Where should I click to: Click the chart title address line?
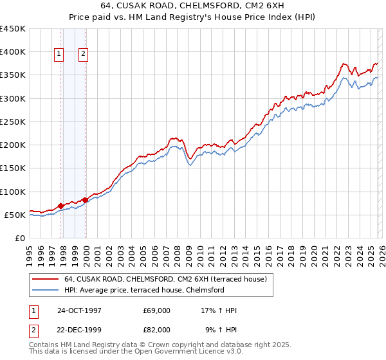(193, 4)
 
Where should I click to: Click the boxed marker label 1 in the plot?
(59, 55)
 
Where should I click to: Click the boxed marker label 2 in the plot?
(84, 55)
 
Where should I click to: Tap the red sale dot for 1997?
(61, 206)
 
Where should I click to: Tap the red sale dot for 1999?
(86, 200)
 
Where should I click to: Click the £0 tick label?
(20, 239)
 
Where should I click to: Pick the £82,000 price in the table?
(157, 329)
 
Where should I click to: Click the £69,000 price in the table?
(157, 310)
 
